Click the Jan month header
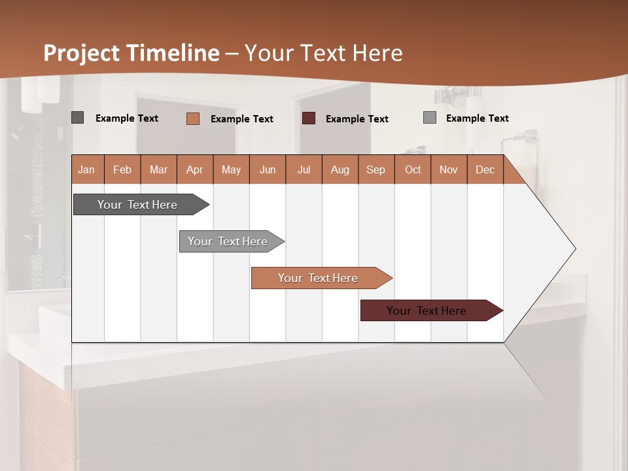pos(87,169)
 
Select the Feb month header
pos(122,169)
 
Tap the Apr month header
pos(195,169)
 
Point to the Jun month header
pos(268,169)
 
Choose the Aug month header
pos(340,169)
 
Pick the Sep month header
pos(376,169)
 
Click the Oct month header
pos(413,169)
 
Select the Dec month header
pos(485,169)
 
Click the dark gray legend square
pos(78,118)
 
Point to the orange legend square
pos(193,118)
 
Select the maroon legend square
pos(309,118)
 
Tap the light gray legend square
pos(430,118)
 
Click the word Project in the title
pos(82,53)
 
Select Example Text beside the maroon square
pos(357,119)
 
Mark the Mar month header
pos(158,169)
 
